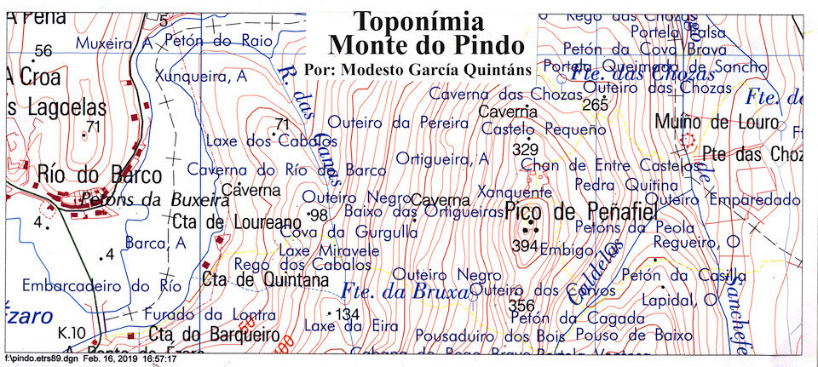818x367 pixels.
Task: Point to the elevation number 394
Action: pyautogui.click(x=526, y=246)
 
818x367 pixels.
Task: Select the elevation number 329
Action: pyautogui.click(x=527, y=149)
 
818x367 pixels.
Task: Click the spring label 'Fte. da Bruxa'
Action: pyautogui.click(x=406, y=294)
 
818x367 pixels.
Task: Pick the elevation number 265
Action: pyautogui.click(x=596, y=105)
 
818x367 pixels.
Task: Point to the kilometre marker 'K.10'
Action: pyautogui.click(x=72, y=331)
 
